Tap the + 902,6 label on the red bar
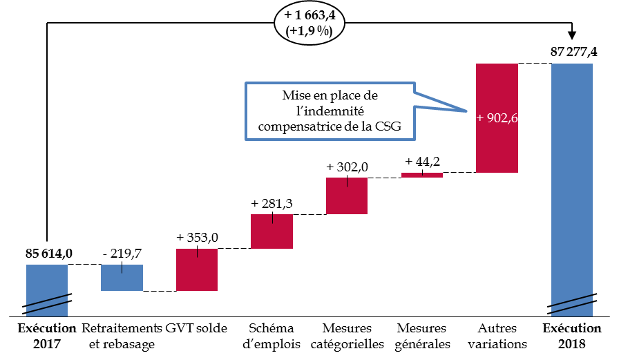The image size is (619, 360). (x=497, y=118)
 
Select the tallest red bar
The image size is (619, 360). (x=497, y=145)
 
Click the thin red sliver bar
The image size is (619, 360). (x=422, y=175)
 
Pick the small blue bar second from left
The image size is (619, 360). (x=122, y=278)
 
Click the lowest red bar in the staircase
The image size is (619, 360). (x=197, y=269)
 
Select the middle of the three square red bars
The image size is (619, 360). (x=272, y=231)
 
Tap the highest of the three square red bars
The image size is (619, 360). (x=347, y=196)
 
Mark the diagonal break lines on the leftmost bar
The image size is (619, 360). (x=47, y=304)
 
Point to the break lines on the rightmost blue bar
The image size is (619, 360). (x=572, y=303)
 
